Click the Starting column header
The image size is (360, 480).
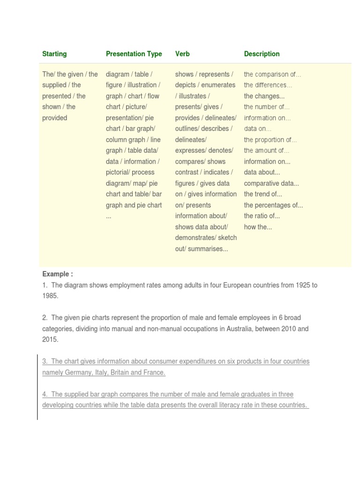54,54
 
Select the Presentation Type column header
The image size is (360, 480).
134,54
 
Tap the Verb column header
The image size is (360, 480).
182,54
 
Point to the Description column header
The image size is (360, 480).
262,54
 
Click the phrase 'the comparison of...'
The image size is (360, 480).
272,75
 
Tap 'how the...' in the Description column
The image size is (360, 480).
258,227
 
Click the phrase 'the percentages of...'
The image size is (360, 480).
273,205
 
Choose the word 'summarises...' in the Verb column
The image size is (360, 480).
208,249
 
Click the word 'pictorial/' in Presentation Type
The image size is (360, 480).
118,172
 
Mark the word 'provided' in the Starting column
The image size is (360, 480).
55,118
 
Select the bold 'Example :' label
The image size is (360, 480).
58,274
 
